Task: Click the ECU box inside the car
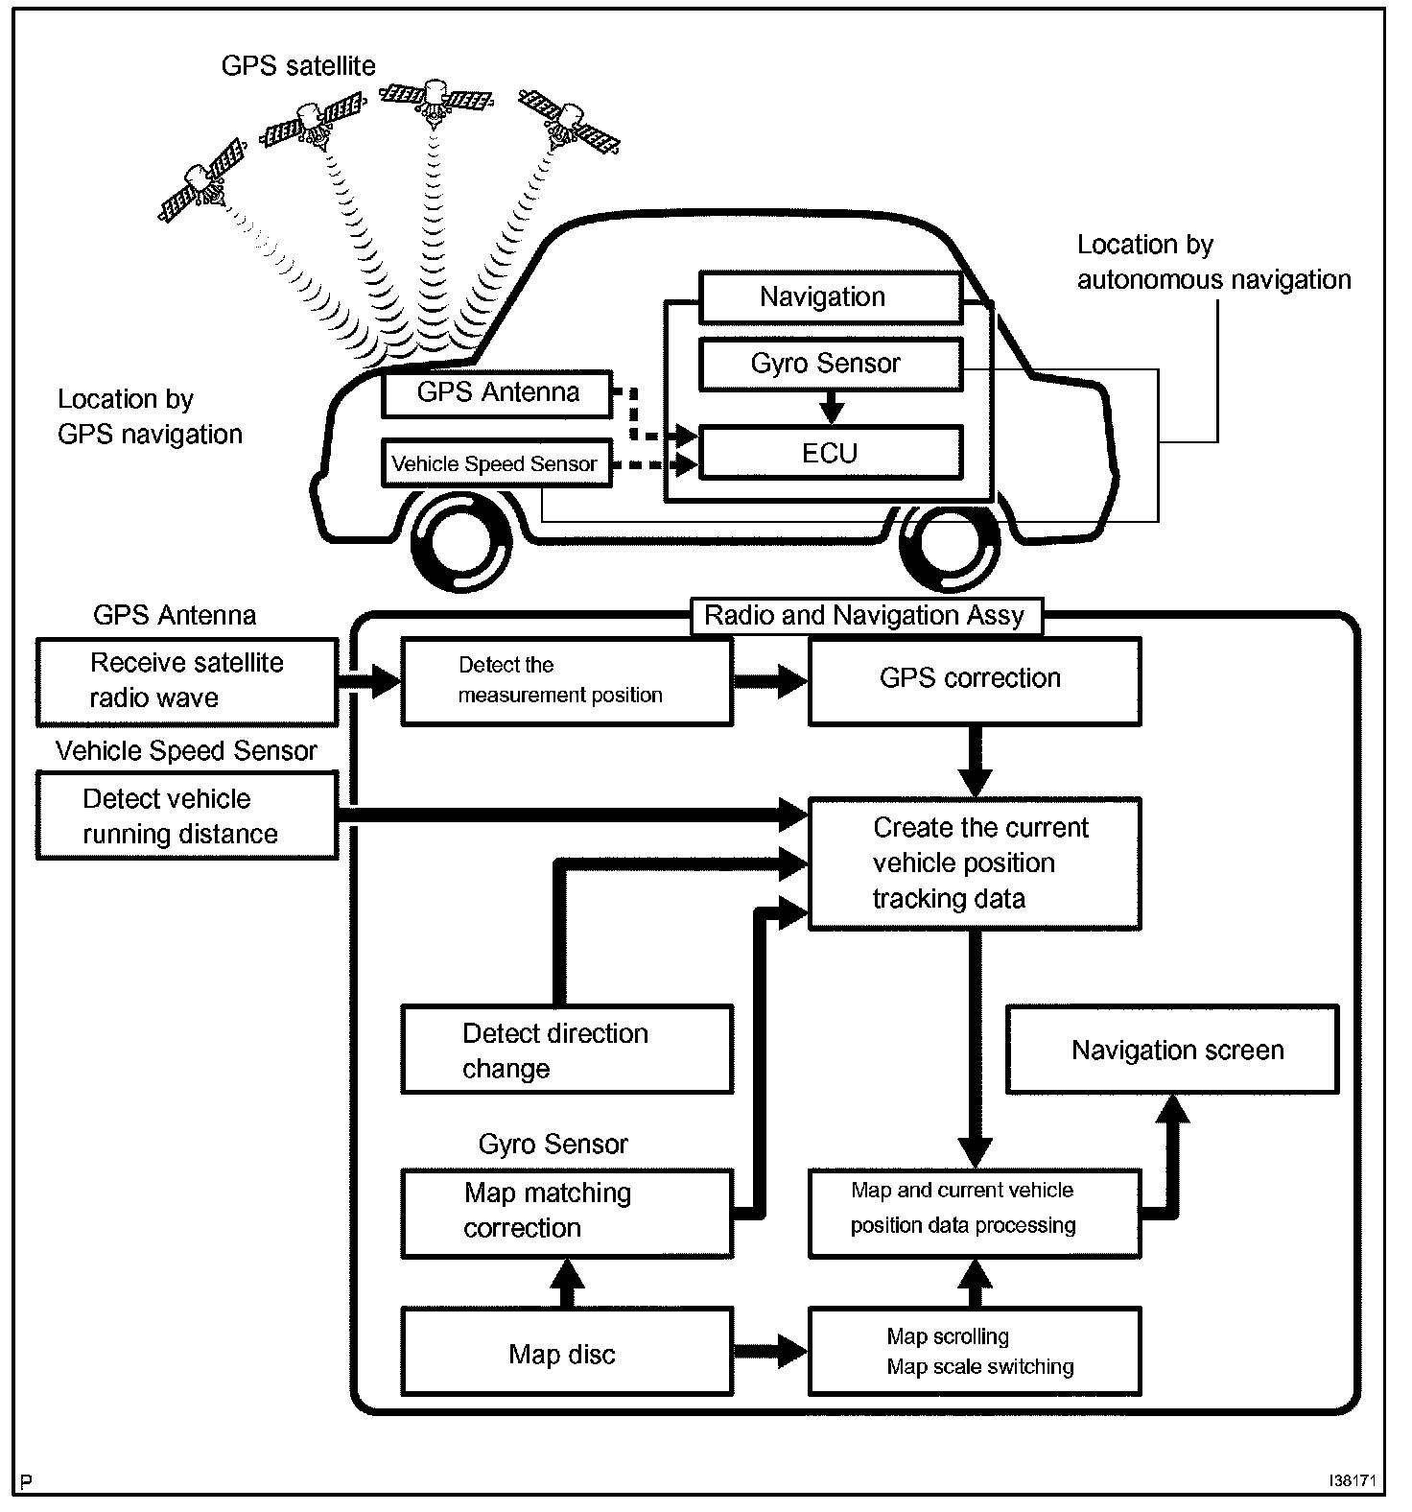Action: click(x=831, y=453)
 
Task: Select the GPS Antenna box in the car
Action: click(x=497, y=393)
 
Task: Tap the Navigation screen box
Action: click(x=1171, y=1050)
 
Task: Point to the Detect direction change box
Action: click(x=566, y=1050)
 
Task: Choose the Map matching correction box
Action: click(x=566, y=1213)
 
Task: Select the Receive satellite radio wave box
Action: click(x=187, y=681)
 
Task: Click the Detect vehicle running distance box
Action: click(x=187, y=815)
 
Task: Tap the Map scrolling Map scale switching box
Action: click(x=975, y=1351)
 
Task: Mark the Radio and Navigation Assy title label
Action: click(x=864, y=616)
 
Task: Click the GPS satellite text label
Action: click(x=298, y=66)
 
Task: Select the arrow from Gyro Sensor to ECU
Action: click(x=832, y=407)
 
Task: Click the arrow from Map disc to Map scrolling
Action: click(x=771, y=1351)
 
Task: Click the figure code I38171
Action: click(x=1353, y=1481)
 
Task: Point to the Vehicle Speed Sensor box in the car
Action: click(x=495, y=464)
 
